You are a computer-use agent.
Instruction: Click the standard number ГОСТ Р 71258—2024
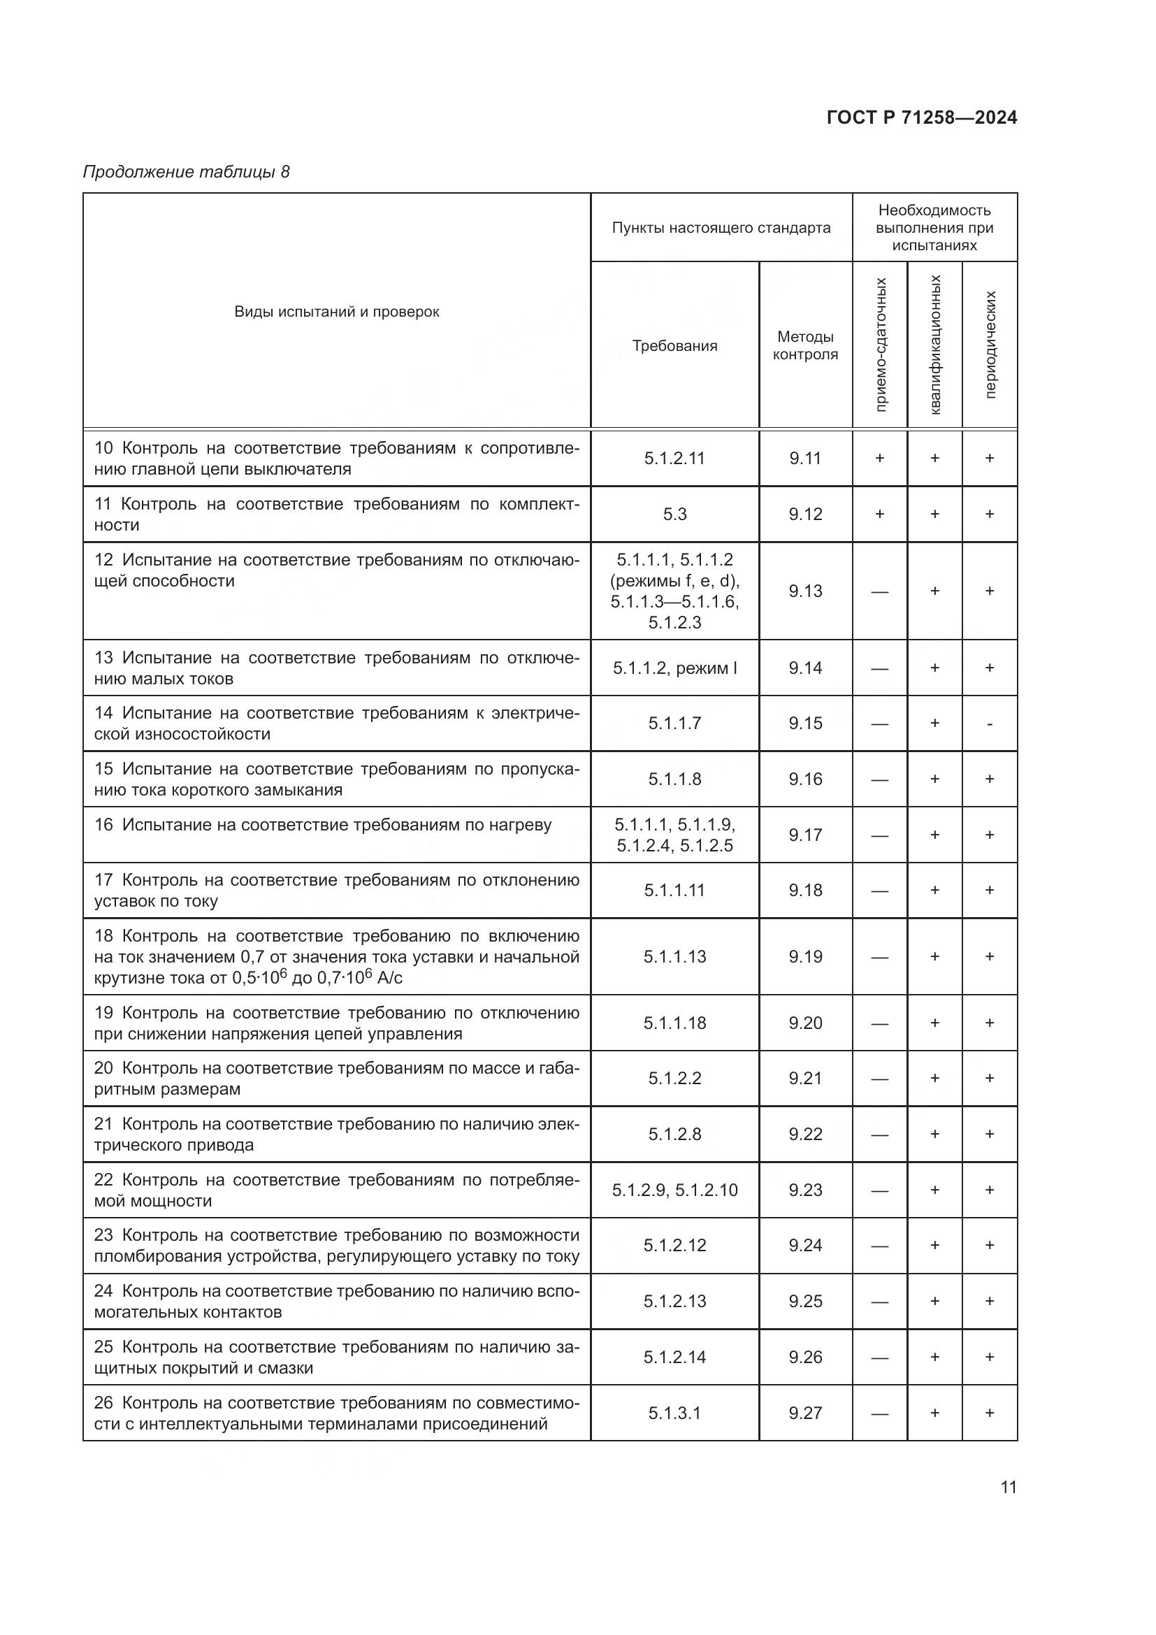pyautogui.click(x=921, y=118)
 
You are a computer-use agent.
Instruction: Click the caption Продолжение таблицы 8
pyautogui.click(x=187, y=172)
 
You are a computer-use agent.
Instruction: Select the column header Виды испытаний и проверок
pyautogui.click(x=337, y=312)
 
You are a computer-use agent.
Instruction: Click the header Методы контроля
pyautogui.click(x=805, y=345)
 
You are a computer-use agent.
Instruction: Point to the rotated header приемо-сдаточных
pyautogui.click(x=880, y=345)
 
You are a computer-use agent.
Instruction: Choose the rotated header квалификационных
pyautogui.click(x=934, y=345)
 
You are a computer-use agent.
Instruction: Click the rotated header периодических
pyautogui.click(x=990, y=345)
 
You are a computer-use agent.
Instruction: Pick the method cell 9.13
pyautogui.click(x=805, y=591)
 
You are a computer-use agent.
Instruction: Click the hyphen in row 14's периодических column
pyautogui.click(x=990, y=724)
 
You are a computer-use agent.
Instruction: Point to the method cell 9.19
pyautogui.click(x=805, y=956)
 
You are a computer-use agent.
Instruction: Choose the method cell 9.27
pyautogui.click(x=805, y=1413)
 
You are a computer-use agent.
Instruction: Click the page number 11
pyautogui.click(x=1008, y=1488)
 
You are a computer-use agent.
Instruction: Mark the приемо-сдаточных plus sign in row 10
pyautogui.click(x=880, y=459)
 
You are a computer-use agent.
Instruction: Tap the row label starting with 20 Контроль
pyautogui.click(x=337, y=1078)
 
